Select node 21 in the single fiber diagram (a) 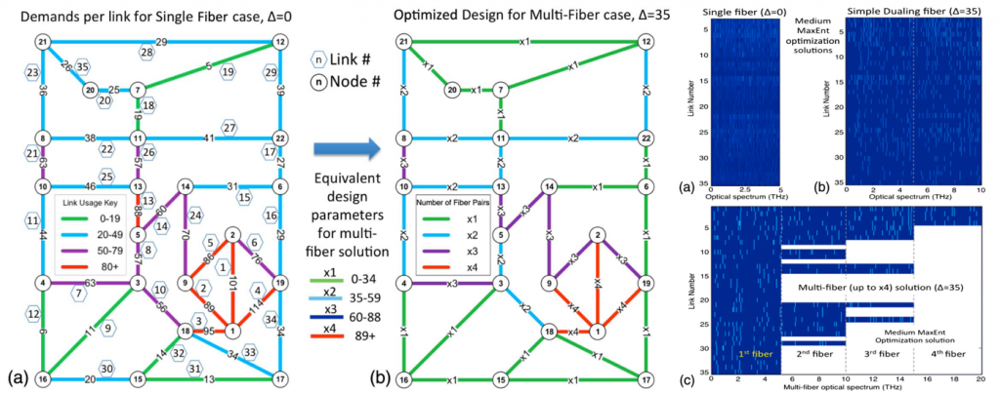[43, 42]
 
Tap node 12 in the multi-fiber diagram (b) [645, 42]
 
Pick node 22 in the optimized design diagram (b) [645, 138]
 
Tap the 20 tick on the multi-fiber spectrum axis [980, 377]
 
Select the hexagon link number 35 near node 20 [83, 66]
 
